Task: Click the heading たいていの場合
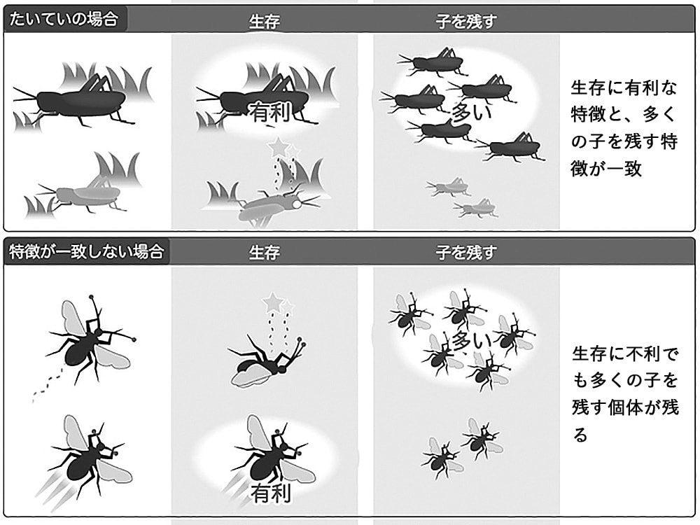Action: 64,19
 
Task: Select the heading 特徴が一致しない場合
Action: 87,252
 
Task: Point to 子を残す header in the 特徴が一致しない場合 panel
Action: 466,253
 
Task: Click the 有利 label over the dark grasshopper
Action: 270,112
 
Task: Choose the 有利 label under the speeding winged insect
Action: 270,493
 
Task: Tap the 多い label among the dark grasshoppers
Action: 471,111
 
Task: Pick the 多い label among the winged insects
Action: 471,342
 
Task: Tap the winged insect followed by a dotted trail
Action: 90,340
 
